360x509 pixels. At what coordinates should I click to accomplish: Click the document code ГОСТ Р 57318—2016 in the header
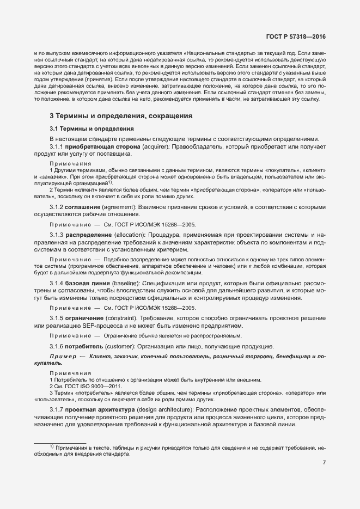(x=296, y=36)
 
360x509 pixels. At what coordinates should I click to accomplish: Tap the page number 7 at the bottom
(x=324, y=463)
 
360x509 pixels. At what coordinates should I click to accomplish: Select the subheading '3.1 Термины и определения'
(x=91, y=129)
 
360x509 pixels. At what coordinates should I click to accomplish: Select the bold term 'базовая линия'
(x=88, y=284)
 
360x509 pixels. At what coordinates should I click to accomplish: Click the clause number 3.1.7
(x=57, y=409)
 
